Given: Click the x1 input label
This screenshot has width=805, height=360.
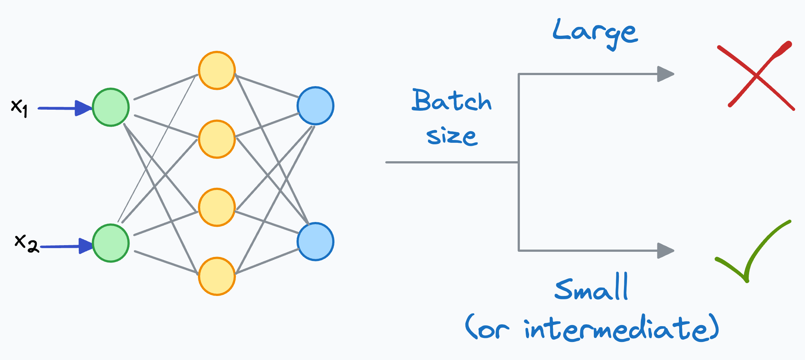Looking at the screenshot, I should tap(19, 108).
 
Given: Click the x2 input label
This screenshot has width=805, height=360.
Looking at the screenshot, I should tap(26, 243).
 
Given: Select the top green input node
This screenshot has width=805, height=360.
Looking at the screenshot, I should tap(111, 107).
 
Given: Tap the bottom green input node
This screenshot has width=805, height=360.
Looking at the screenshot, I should tap(111, 243).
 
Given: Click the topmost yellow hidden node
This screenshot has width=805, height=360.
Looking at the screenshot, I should tap(217, 70).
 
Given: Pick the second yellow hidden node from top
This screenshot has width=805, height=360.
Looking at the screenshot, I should tap(217, 139).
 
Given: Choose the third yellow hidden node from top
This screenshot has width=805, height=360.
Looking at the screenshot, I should tap(217, 207).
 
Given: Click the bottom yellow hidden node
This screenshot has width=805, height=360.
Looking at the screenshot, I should tap(217, 276).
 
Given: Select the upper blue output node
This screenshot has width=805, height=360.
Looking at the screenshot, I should tap(315, 106).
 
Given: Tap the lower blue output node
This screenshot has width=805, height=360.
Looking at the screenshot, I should tap(315, 241).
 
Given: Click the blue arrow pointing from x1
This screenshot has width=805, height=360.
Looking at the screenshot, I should tap(64, 108).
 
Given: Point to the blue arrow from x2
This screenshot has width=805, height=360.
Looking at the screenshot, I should tap(66, 246).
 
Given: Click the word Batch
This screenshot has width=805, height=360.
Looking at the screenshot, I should tap(451, 100).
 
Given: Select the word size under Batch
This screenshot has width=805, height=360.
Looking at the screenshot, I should tap(452, 136).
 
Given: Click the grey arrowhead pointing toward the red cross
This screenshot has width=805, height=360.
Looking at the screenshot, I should tap(665, 74).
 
